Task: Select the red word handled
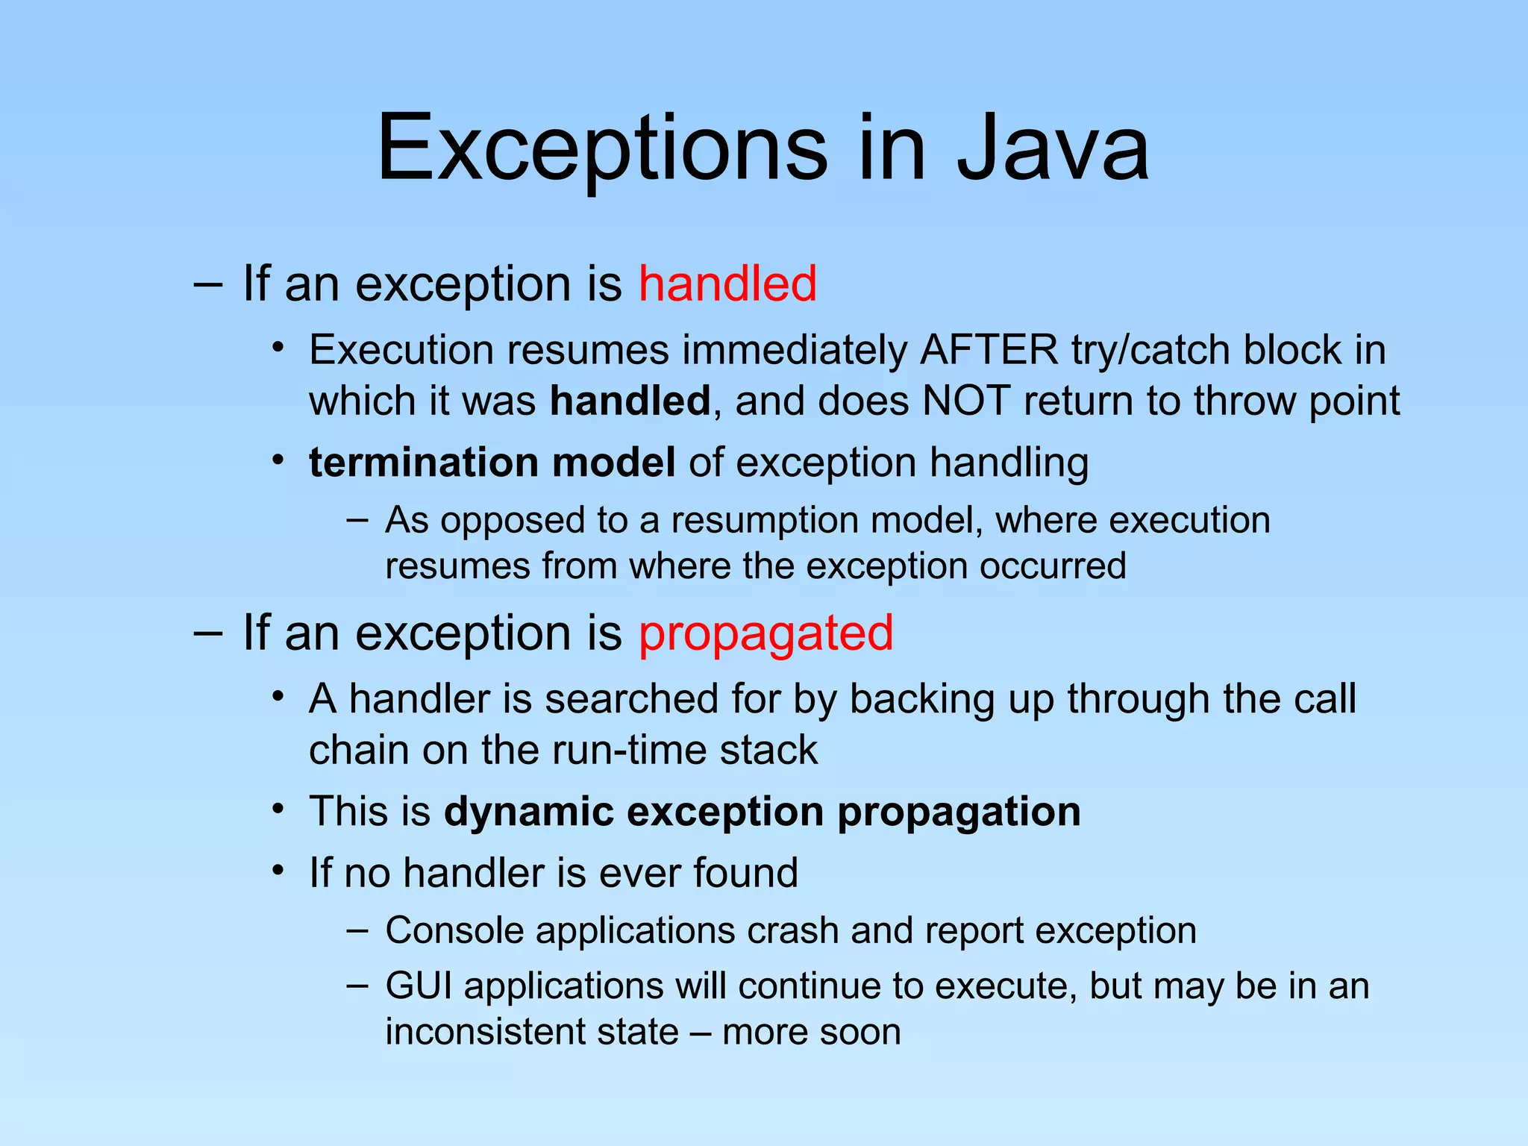727,284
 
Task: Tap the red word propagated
765,633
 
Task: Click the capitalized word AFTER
989,350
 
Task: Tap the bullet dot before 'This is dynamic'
278,809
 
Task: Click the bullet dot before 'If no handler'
278,871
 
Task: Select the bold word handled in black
629,401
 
